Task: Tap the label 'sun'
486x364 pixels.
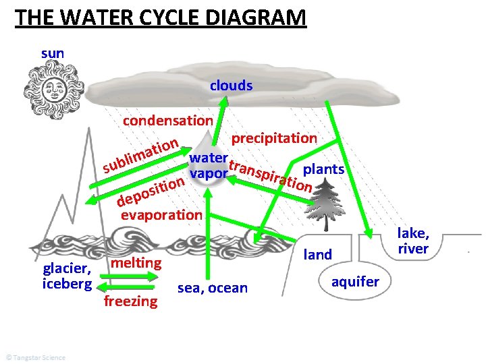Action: (x=53, y=53)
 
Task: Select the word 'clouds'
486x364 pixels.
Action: (x=231, y=86)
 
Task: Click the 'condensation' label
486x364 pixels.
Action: (x=167, y=121)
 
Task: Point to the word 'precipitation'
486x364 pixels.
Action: (x=274, y=138)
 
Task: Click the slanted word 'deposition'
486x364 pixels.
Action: (x=151, y=191)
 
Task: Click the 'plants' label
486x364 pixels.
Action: (x=325, y=169)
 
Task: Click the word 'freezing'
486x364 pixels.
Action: (x=130, y=301)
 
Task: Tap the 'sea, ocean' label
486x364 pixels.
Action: (x=212, y=289)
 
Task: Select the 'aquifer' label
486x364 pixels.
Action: (x=355, y=282)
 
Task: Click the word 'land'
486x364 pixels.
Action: (x=319, y=254)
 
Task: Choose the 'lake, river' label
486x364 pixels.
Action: (x=413, y=241)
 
